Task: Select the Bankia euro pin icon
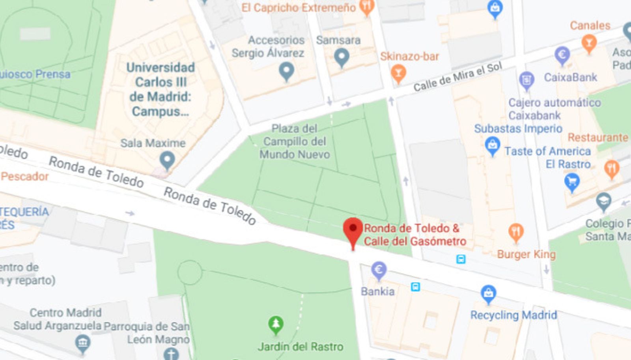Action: [x=379, y=270]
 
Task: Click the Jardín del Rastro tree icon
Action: [x=276, y=325]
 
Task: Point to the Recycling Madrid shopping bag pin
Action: [x=488, y=294]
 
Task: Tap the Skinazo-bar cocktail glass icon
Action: [x=398, y=73]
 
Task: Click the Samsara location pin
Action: [x=342, y=57]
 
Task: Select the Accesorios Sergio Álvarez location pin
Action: [x=286, y=71]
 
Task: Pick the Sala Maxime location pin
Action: [x=167, y=160]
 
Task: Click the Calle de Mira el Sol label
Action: [x=457, y=76]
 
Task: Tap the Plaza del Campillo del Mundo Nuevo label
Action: [x=295, y=141]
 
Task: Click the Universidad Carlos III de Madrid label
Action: [x=161, y=89]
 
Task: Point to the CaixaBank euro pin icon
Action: [x=562, y=55]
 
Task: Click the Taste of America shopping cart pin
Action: [x=572, y=182]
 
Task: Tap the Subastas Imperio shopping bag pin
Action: [x=492, y=145]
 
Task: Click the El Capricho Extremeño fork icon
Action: [x=367, y=7]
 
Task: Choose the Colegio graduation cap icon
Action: [x=603, y=201]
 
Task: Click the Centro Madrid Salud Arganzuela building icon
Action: [x=82, y=343]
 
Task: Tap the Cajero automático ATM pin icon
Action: [x=526, y=80]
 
